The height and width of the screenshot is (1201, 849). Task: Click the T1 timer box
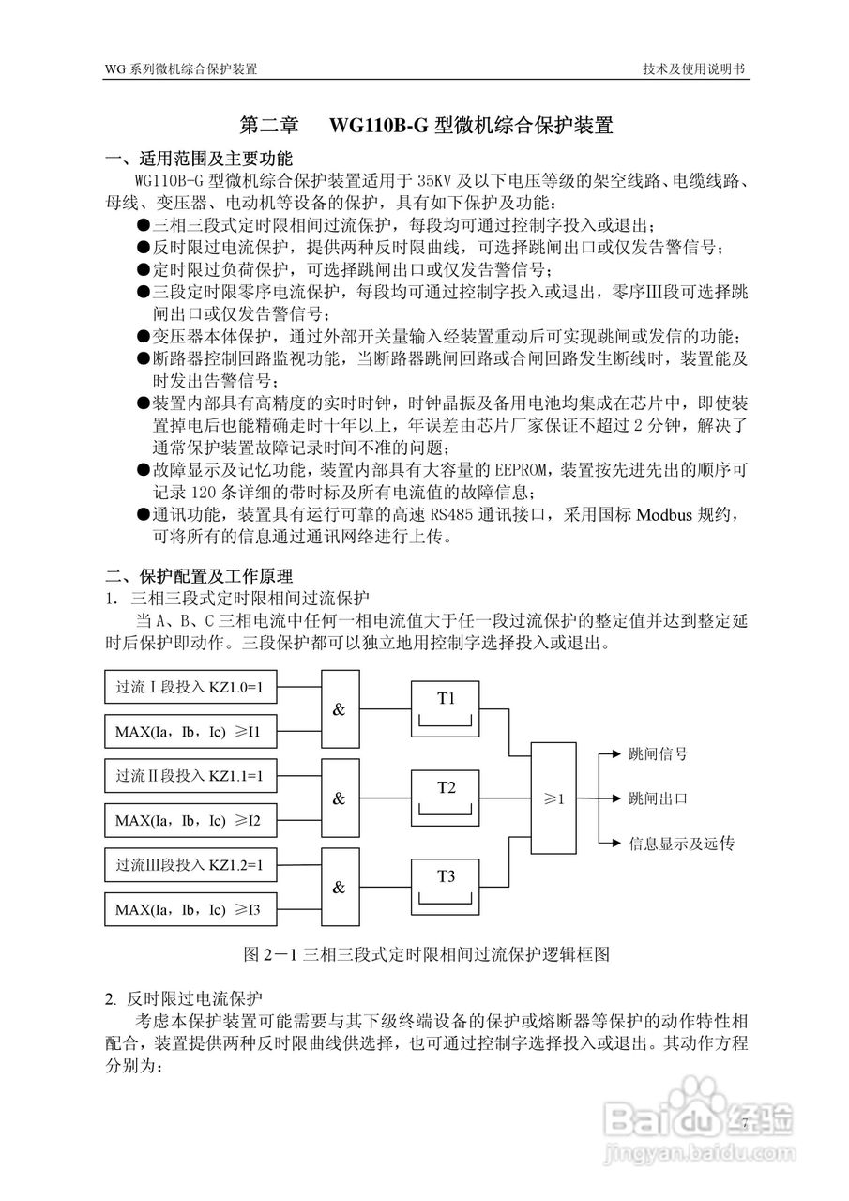[446, 709]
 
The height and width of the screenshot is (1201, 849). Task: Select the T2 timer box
[446, 798]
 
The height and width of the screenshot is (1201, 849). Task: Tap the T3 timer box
[446, 887]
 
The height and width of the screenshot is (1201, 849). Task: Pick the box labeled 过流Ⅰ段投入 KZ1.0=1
[190, 688]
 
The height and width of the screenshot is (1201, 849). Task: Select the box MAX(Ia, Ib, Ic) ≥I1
[190, 732]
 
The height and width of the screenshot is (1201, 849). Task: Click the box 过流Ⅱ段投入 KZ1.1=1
[190, 776]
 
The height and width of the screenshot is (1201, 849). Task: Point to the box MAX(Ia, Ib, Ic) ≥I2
[190, 821]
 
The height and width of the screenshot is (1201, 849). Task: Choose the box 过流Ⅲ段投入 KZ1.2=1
[190, 865]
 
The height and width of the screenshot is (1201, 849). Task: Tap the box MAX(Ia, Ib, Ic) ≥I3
[190, 909]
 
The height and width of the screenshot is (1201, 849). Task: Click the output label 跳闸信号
[658, 753]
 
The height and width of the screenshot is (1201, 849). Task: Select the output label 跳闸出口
[658, 798]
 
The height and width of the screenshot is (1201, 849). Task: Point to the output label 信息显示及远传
[681, 844]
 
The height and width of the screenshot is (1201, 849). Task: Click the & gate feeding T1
[340, 709]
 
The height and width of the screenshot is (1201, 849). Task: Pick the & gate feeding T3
[340, 887]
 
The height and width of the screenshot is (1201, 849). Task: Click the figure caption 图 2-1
[427, 955]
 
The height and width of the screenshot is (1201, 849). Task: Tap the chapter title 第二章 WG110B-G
[427, 125]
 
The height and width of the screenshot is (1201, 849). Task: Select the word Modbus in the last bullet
[667, 515]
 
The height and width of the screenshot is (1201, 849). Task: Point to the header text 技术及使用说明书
[694, 69]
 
